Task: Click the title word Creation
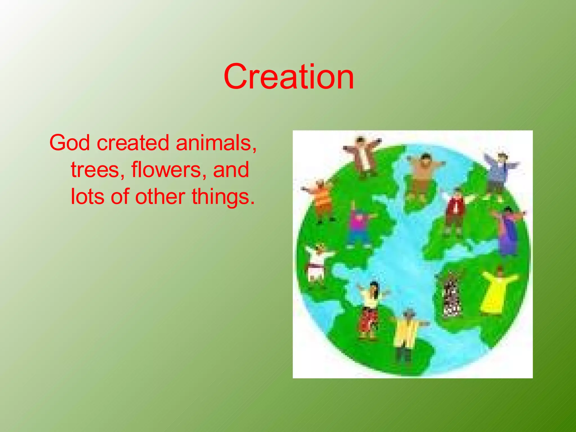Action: [289, 76]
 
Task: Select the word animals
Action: [216, 143]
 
